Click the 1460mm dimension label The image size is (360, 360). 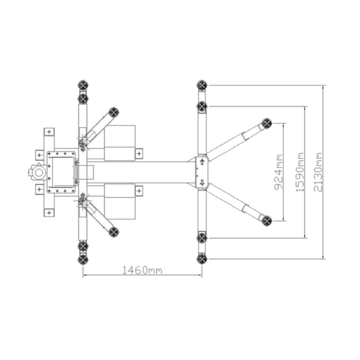tap(142, 270)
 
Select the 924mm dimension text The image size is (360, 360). tap(279, 172)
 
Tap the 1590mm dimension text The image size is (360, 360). tap(300, 172)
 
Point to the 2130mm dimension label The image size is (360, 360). tap(318, 172)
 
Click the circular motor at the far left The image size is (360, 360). tap(39, 173)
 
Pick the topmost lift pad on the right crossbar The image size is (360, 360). tap(202, 85)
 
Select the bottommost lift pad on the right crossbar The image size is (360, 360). tap(202, 258)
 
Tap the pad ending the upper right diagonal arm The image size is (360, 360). tap(267, 124)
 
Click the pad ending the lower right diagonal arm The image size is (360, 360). tap(267, 221)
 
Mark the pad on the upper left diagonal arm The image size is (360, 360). tap(114, 113)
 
